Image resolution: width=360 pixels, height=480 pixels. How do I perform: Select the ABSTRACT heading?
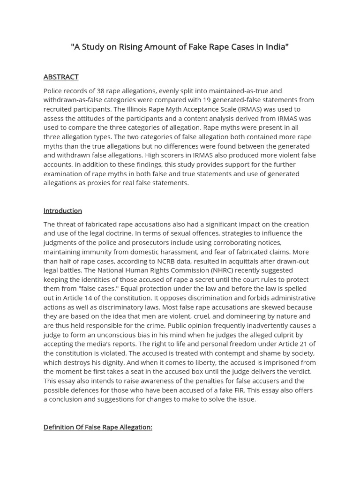[x=61, y=77]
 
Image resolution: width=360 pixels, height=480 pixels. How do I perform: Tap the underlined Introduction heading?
[x=63, y=211]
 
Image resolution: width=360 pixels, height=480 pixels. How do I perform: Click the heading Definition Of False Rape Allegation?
[x=97, y=427]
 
